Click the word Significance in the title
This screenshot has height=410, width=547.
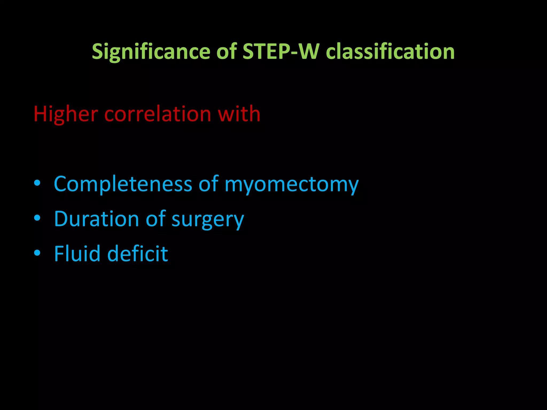pyautogui.click(x=151, y=52)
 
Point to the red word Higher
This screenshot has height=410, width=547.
pyautogui.click(x=66, y=114)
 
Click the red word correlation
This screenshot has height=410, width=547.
pyautogui.click(x=158, y=114)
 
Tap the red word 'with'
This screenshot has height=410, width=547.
pyautogui.click(x=239, y=114)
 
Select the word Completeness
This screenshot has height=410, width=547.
pyautogui.click(x=123, y=184)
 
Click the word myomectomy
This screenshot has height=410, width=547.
pyautogui.click(x=291, y=185)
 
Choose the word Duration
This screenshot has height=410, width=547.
pyautogui.click(x=96, y=219)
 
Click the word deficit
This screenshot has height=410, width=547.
pyautogui.click(x=138, y=254)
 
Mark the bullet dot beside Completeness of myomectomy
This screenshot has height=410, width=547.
pyautogui.click(x=37, y=183)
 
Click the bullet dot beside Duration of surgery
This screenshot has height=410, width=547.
pyautogui.click(x=37, y=218)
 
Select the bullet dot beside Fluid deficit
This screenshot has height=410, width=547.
pyautogui.click(x=37, y=253)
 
